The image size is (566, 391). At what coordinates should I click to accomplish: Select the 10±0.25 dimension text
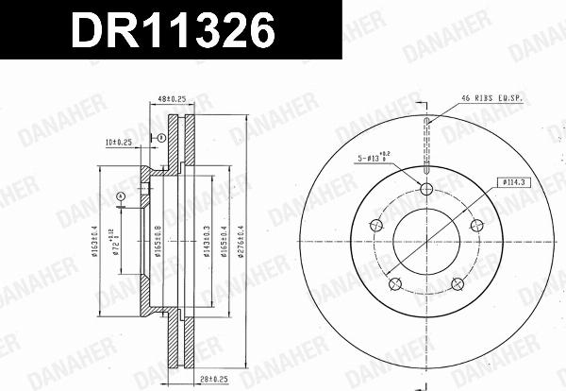tap(120, 143)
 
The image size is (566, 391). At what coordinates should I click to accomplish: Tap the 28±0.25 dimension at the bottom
tap(212, 380)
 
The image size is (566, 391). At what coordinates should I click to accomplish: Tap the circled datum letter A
tap(121, 196)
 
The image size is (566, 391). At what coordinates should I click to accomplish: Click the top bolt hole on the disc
tap(426, 190)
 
